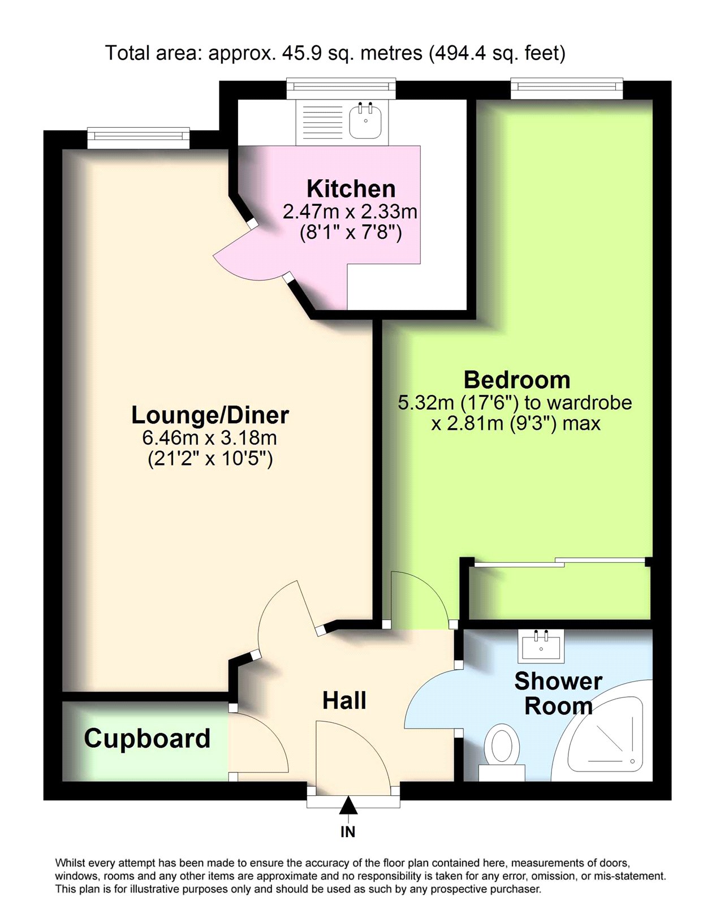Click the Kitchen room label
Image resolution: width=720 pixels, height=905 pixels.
click(351, 189)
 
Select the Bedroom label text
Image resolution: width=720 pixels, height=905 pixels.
click(517, 380)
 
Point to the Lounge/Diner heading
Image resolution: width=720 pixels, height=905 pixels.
click(210, 415)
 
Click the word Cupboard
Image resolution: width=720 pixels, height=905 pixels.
click(147, 739)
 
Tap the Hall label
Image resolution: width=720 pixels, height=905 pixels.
click(344, 700)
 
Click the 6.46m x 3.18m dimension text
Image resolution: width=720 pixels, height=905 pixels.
click(209, 438)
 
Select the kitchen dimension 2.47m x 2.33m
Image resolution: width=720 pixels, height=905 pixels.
click(350, 211)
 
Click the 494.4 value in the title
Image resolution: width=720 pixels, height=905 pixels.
click(460, 53)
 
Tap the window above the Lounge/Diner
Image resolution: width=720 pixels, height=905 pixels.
click(139, 137)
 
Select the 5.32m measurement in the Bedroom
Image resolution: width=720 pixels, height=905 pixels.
click(425, 403)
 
